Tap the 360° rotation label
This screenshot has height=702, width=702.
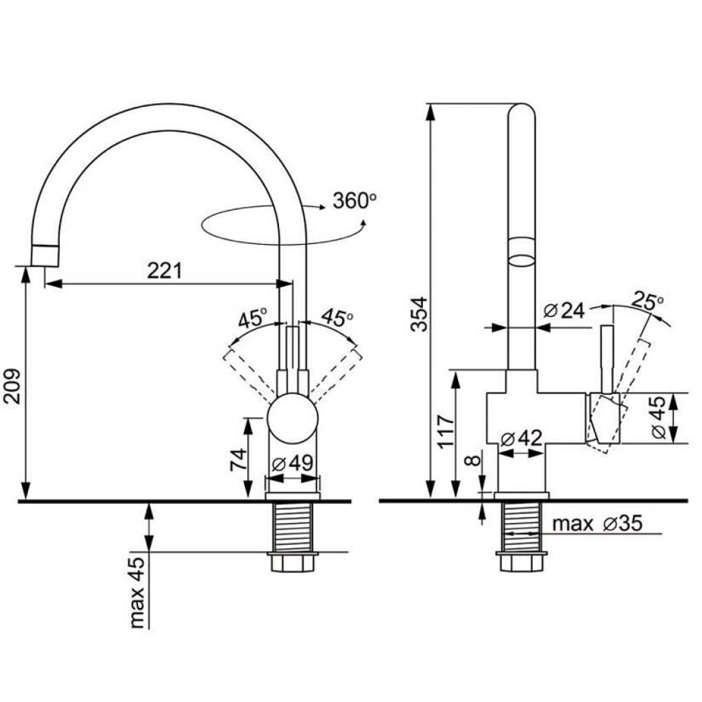pos(354,200)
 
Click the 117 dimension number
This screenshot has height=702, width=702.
pos(446,431)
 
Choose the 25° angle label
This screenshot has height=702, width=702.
pos(649,301)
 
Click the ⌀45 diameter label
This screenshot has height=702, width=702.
pos(657,418)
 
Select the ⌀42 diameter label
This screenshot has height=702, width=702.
pos(522,438)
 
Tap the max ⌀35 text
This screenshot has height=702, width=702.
pos(597,524)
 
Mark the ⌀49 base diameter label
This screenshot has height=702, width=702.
pos(293,463)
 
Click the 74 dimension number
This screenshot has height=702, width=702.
pos(237,459)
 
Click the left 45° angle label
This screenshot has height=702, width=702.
pos(252,318)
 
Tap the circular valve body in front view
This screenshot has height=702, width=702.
pos(293,419)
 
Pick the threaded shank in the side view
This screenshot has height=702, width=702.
pos(522,526)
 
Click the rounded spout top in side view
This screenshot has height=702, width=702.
pos(522,114)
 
